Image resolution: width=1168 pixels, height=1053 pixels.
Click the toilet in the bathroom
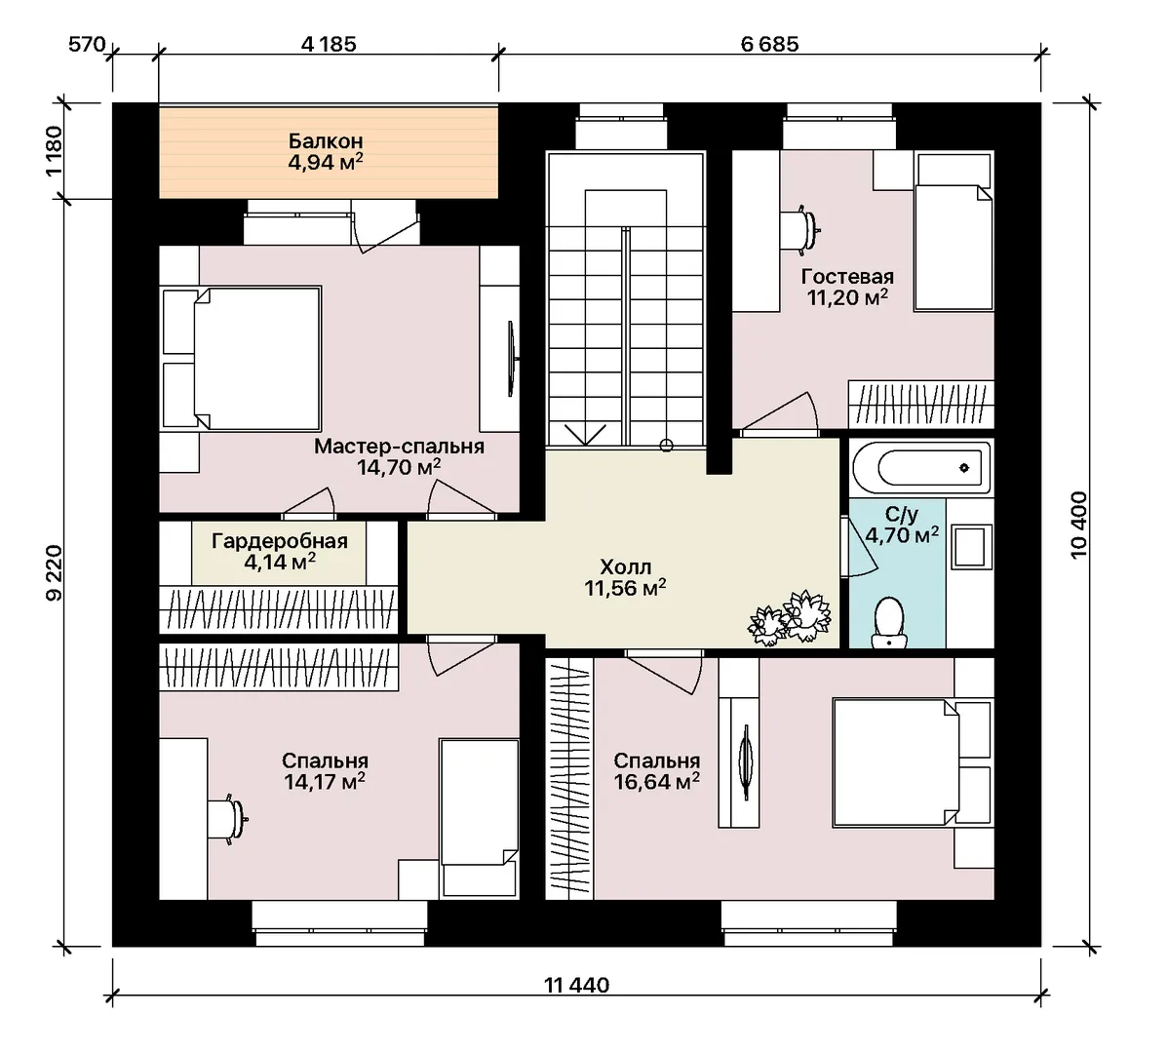888,622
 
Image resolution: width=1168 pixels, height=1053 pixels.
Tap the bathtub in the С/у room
920,468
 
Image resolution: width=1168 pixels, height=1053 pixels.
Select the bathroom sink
971,546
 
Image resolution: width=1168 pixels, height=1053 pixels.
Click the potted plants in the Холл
790,617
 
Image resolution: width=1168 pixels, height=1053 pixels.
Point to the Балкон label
326,140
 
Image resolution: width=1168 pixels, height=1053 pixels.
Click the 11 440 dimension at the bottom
576,985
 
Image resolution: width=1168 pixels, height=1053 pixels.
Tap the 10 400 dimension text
1078,525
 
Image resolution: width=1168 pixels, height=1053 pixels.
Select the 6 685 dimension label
769,45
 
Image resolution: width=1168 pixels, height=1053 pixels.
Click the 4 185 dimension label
329,45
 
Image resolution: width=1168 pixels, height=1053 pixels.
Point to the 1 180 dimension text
55,150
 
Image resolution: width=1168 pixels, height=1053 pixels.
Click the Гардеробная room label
280,541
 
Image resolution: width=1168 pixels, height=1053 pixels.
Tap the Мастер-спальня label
400,447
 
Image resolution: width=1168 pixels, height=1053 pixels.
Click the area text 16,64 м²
656,781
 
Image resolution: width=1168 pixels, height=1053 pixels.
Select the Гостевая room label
847,276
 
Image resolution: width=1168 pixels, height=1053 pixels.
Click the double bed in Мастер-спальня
242,359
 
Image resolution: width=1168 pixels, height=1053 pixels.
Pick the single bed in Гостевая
954,232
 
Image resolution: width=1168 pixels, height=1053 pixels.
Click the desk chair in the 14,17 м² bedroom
226,819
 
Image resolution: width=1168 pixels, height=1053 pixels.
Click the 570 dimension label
87,45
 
